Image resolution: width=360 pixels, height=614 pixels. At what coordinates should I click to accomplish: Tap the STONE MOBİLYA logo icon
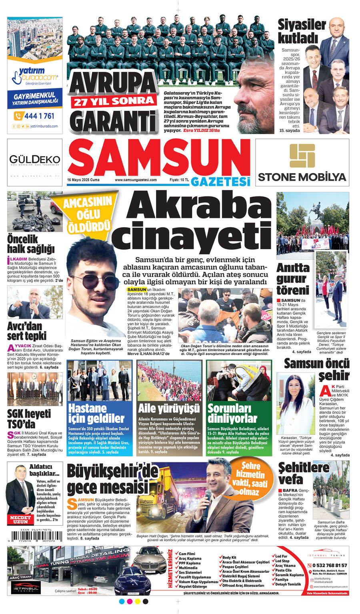click(302, 156)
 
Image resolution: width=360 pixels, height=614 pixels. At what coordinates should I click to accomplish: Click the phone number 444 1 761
click(39, 116)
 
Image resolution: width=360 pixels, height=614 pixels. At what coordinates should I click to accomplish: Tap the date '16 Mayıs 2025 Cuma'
click(83, 180)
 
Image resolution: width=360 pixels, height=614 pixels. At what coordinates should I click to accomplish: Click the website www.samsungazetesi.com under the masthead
click(136, 180)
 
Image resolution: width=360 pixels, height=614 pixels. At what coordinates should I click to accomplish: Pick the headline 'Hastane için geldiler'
click(96, 413)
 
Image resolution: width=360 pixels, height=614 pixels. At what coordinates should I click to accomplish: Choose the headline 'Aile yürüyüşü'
click(168, 408)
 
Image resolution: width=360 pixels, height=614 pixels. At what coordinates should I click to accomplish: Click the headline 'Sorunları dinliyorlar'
click(232, 413)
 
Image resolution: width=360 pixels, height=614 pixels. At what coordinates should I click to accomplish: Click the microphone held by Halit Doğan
click(207, 504)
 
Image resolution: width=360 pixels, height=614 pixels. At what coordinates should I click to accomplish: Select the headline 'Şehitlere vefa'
click(304, 473)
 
